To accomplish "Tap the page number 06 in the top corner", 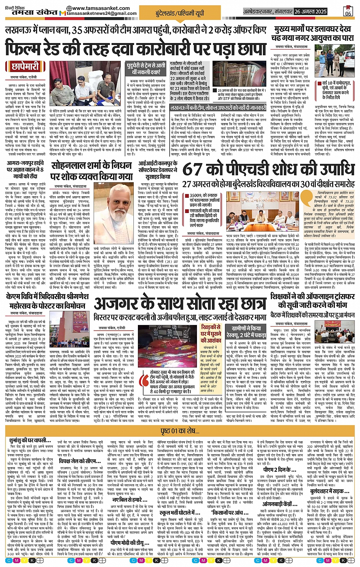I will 348,11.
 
